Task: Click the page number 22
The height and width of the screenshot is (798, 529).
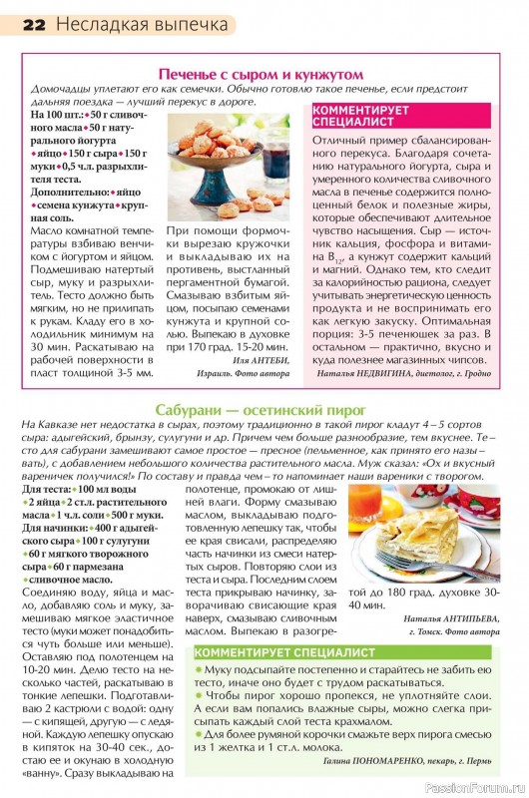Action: point(33,23)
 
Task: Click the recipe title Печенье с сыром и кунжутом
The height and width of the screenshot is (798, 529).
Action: point(261,74)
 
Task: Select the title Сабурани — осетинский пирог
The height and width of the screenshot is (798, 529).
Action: point(262,410)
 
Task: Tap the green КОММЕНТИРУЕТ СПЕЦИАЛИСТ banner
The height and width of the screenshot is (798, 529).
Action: point(270,652)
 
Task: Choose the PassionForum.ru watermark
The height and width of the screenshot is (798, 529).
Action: point(474,787)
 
